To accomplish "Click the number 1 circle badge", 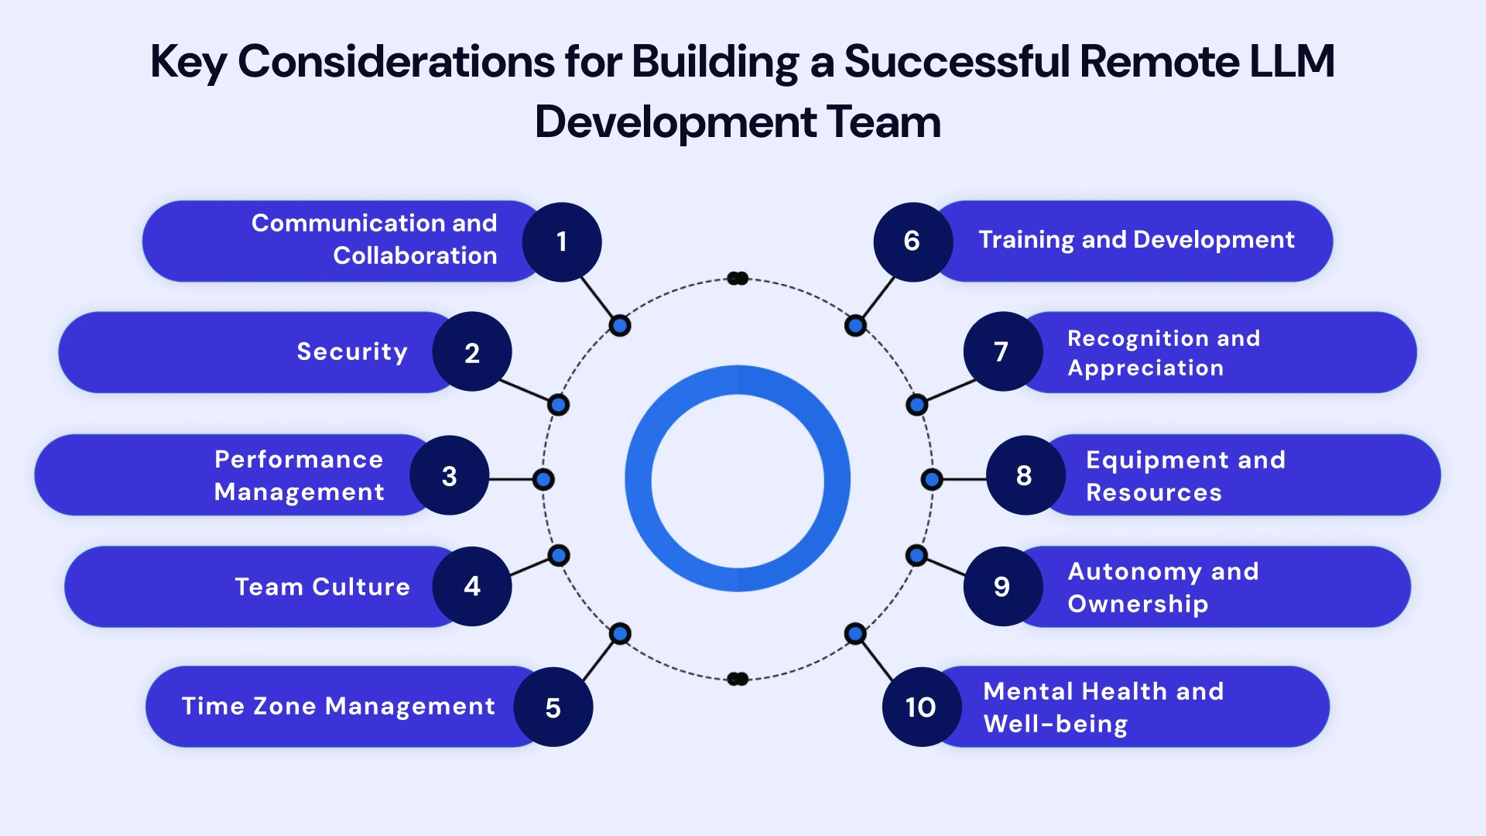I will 562,242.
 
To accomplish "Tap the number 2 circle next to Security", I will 472,352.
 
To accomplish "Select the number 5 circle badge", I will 553,707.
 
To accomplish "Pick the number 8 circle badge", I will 1025,475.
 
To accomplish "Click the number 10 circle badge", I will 921,707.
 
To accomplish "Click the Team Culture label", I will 322,587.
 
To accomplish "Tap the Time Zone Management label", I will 338,706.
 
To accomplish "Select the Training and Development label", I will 1136,240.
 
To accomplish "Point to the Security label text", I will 352,351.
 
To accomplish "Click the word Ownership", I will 1138,604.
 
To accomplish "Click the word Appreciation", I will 1145,368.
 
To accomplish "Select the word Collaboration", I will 415,255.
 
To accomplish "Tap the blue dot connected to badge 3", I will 544,479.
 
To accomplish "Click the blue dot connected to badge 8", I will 932,479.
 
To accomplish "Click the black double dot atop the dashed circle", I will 738,279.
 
